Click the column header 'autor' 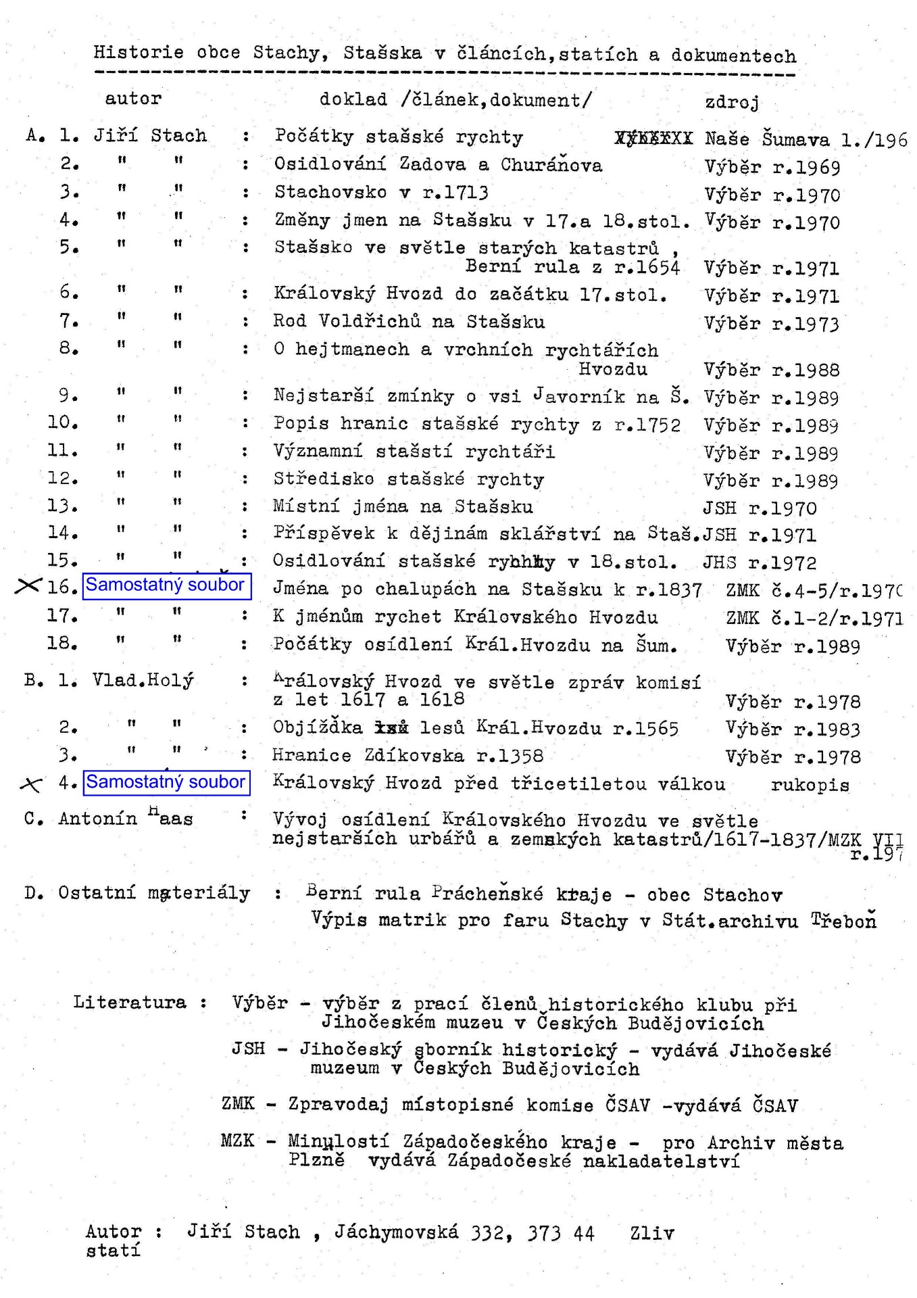(133, 99)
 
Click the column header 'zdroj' (732, 102)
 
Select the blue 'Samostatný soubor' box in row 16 (167, 585)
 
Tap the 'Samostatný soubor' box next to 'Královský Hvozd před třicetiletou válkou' (166, 783)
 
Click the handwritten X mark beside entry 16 (28, 586)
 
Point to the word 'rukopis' (810, 785)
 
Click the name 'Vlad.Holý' (143, 680)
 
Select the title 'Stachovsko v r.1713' (381, 193)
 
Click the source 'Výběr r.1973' (771, 324)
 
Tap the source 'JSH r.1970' (760, 508)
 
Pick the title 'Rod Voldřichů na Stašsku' (409, 321)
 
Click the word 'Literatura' (130, 1002)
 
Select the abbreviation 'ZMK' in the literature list (238, 1104)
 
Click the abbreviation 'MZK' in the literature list (238, 1140)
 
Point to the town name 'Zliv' (651, 1233)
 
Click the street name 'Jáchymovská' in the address (396, 1232)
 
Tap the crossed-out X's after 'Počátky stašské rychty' (653, 139)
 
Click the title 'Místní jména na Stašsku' (403, 506)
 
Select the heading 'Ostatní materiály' (154, 893)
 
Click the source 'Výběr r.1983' (793, 729)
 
